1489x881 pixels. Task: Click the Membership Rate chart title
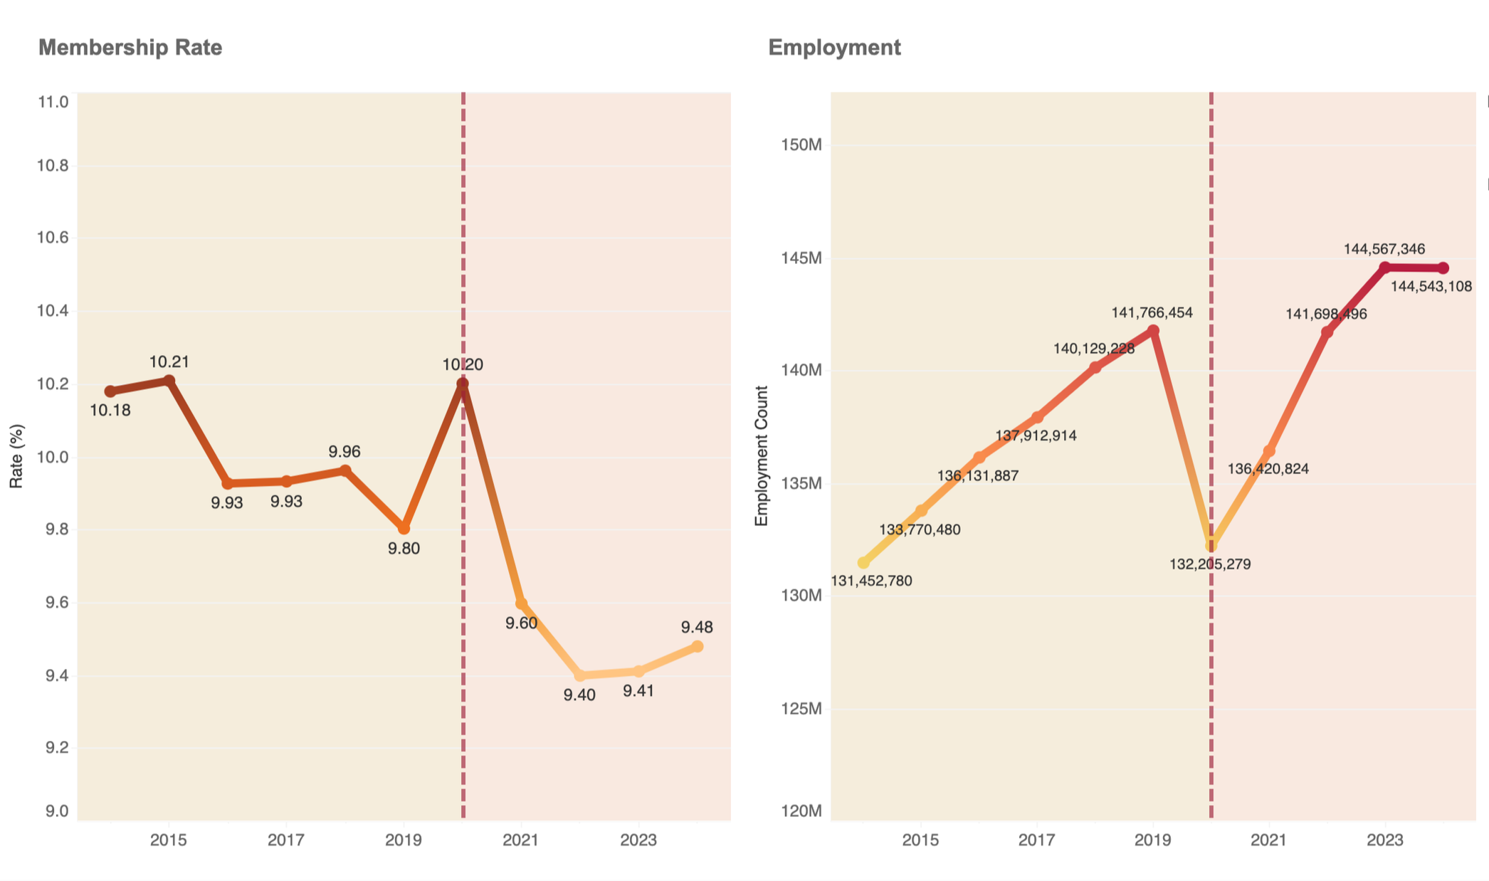pos(130,48)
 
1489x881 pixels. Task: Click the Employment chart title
pos(834,48)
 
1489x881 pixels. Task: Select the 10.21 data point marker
pos(169,381)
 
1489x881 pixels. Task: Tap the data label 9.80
pos(404,549)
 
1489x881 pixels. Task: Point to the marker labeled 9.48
pos(698,646)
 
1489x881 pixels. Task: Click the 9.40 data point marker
pos(579,675)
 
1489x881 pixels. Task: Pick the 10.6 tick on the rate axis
pos(53,238)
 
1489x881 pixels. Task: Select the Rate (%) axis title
pos(17,456)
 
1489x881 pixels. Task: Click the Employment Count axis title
pos(762,456)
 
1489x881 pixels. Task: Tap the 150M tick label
pos(801,145)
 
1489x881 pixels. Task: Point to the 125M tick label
pos(801,709)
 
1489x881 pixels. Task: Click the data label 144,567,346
pos(1384,249)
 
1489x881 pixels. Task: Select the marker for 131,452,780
pos(863,563)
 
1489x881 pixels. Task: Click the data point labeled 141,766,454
pos(1153,331)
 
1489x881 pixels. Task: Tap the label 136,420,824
pos(1268,469)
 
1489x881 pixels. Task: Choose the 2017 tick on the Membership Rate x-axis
pos(286,840)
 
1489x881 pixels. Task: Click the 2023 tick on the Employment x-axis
pos(1384,840)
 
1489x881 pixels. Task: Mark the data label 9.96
pos(344,452)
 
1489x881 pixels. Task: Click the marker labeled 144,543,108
pos(1443,268)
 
